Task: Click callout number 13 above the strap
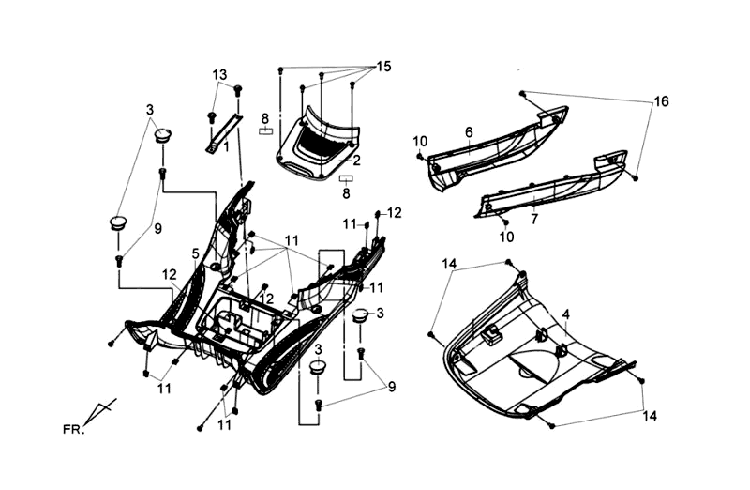click(x=218, y=74)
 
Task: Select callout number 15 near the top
click(x=384, y=67)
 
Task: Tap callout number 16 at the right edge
click(x=661, y=101)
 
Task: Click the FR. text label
click(x=73, y=430)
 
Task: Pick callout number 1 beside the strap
click(x=226, y=146)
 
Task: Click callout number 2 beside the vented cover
click(x=356, y=161)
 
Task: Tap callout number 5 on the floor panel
click(x=195, y=253)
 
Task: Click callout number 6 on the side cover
click(x=469, y=132)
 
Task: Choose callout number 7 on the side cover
click(x=534, y=220)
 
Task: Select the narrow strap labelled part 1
click(x=223, y=134)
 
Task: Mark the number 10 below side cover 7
click(x=507, y=237)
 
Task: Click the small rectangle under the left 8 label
click(x=265, y=131)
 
